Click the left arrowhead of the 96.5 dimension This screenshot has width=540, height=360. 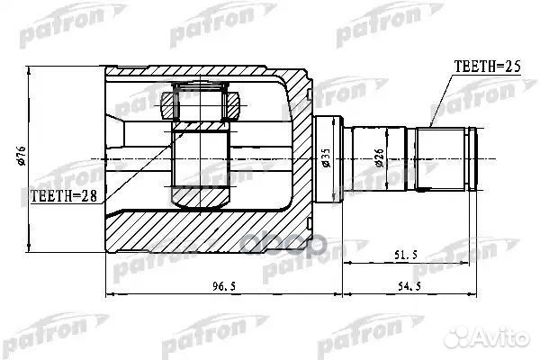pyautogui.click(x=110, y=293)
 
